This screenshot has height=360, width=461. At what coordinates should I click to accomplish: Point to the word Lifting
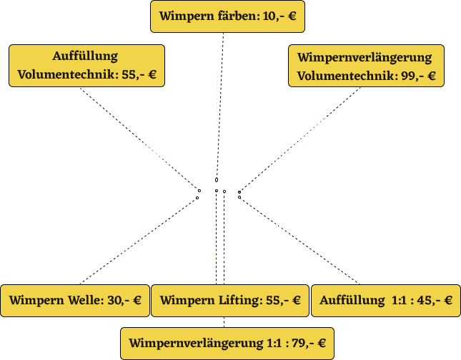239,301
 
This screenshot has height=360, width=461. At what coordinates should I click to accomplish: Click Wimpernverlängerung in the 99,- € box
365,57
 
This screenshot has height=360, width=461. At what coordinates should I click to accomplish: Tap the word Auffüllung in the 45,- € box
352,301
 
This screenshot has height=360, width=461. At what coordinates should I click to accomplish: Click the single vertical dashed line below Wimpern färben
217,99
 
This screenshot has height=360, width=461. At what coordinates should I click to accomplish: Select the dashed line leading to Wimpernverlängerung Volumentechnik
297,142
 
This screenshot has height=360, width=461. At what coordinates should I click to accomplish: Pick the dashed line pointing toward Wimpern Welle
139,241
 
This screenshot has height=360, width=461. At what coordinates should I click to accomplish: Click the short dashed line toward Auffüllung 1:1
284,229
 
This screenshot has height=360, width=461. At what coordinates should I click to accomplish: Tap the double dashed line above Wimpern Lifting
220,254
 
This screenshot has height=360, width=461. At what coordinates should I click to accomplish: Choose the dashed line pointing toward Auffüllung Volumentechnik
159,156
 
